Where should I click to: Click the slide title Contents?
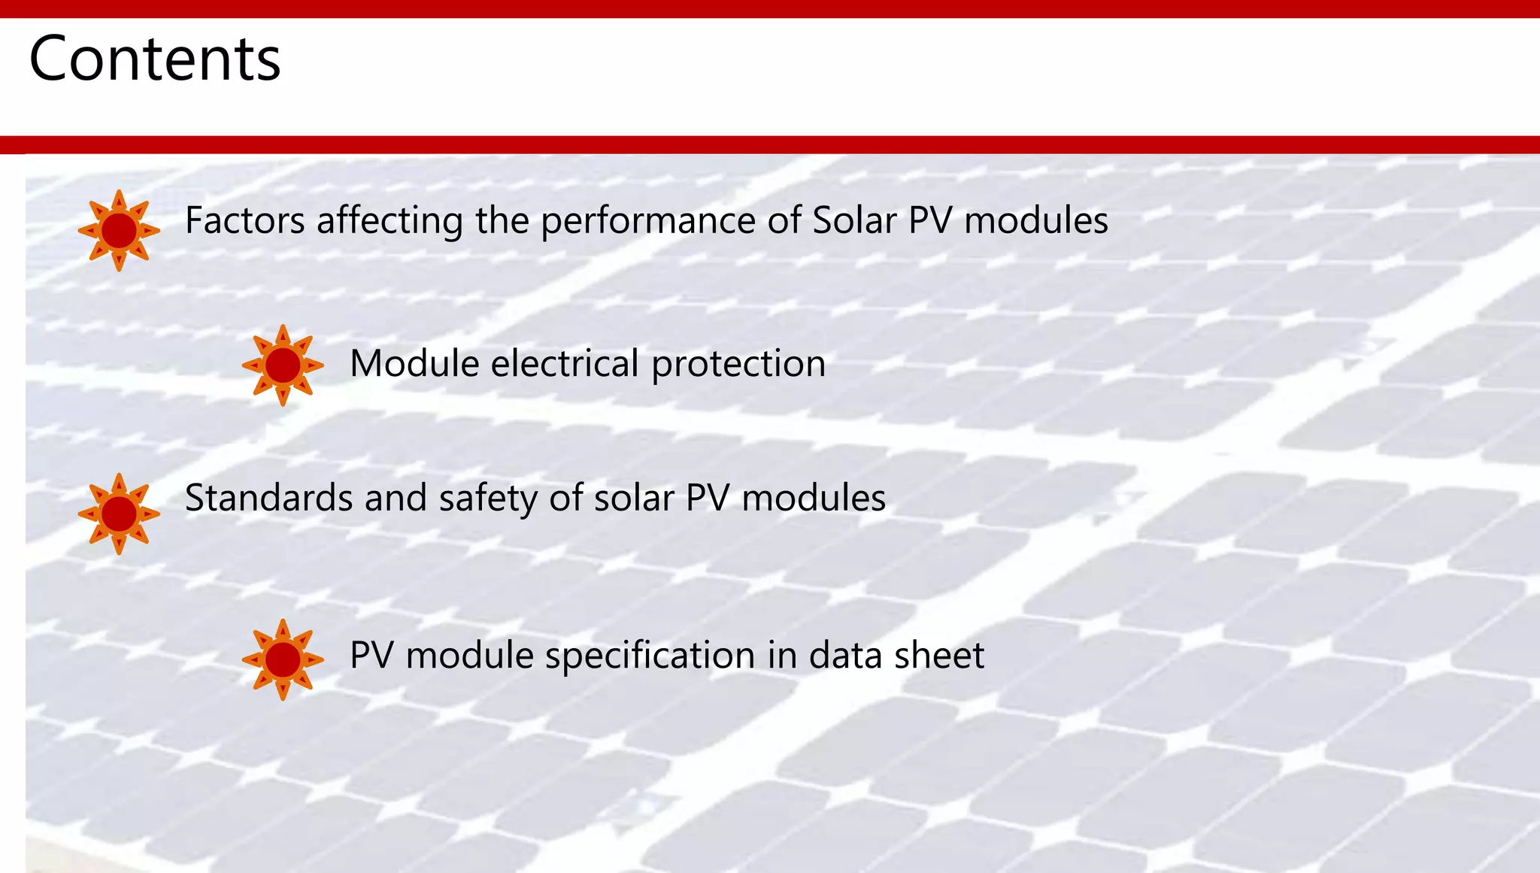click(154, 59)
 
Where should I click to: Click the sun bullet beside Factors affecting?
click(119, 230)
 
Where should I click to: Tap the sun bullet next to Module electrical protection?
click(283, 365)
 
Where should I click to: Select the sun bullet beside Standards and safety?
click(119, 514)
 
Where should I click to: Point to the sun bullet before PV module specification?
click(283, 659)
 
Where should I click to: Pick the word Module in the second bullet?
click(414, 364)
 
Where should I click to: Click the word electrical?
click(565, 364)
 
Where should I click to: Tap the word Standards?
click(268, 498)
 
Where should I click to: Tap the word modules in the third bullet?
click(814, 498)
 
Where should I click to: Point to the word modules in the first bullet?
click(1035, 221)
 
